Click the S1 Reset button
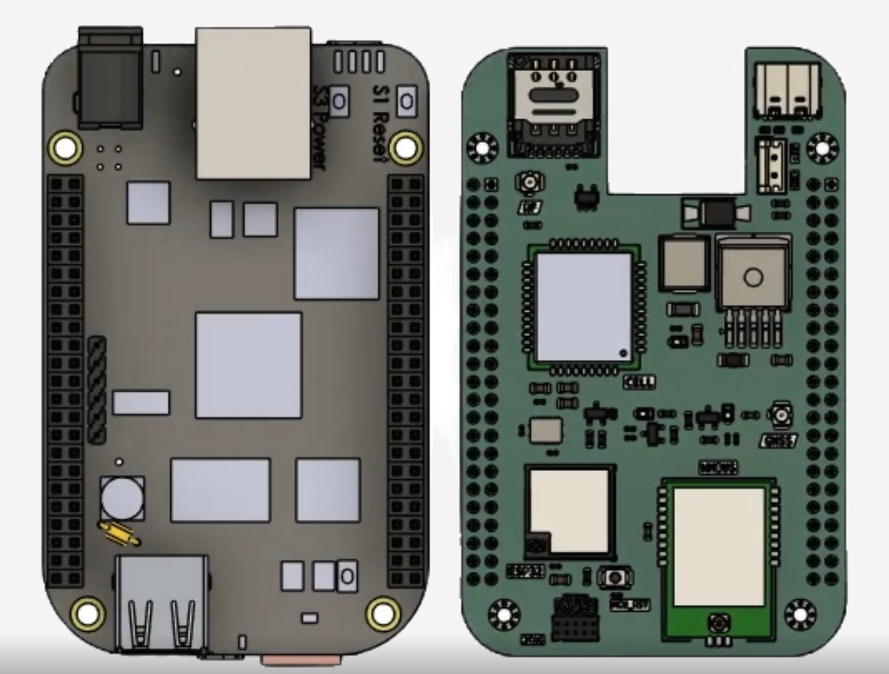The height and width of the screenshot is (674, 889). pyautogui.click(x=406, y=101)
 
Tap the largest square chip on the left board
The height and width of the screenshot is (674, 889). pyautogui.click(x=249, y=364)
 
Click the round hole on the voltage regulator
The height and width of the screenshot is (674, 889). pyautogui.click(x=753, y=278)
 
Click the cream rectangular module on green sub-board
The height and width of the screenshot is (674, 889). pyautogui.click(x=718, y=545)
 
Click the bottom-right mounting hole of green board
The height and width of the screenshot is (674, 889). pyautogui.click(x=799, y=613)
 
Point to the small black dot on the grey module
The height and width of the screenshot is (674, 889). pyautogui.click(x=623, y=353)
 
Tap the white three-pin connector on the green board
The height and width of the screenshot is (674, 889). pyautogui.click(x=769, y=158)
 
